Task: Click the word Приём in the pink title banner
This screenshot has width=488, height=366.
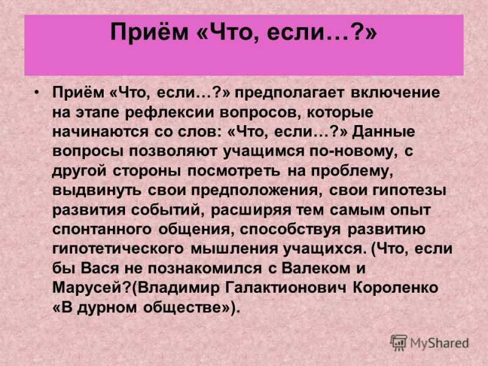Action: coord(149,32)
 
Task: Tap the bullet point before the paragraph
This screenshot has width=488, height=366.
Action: coord(37,93)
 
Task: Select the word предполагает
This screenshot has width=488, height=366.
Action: coord(289,93)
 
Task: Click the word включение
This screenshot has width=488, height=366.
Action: coord(395,93)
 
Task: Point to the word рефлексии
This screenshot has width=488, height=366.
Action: coord(170,113)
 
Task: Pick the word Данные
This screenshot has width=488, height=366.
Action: coord(384,132)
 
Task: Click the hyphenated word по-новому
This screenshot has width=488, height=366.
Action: coord(354,151)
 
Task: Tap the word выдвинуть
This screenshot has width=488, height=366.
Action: coord(97,190)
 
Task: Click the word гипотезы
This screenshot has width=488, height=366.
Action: coord(409,191)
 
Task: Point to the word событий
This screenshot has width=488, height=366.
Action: coord(168,210)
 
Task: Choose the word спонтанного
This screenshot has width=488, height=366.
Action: coord(102,230)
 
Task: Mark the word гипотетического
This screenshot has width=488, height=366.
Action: coord(118,249)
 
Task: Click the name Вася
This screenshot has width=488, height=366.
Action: coord(100,268)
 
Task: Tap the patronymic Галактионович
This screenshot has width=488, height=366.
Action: coord(285,288)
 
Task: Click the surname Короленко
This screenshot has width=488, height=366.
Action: coord(395,288)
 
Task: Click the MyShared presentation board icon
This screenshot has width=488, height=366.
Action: coord(399,343)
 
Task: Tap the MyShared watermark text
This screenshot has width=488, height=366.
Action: coord(439,343)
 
